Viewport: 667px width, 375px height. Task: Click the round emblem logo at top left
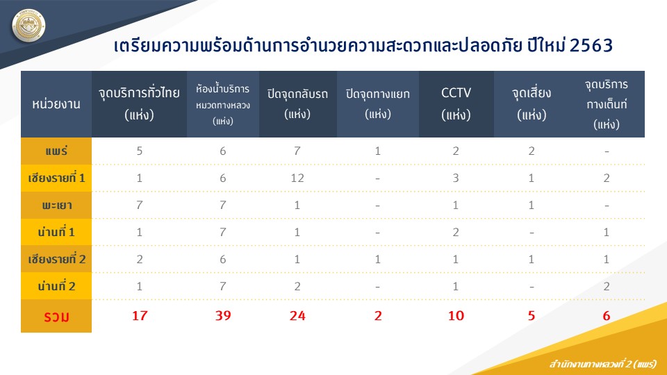[28, 26]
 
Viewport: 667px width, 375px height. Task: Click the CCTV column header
[456, 103]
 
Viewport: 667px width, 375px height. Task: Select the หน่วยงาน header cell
[56, 103]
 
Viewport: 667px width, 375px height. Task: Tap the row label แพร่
[56, 151]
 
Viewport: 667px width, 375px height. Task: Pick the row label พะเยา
[56, 206]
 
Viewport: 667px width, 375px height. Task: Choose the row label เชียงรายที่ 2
[56, 259]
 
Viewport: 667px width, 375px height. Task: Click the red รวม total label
[56, 317]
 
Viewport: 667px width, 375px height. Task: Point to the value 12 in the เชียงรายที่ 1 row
[297, 178]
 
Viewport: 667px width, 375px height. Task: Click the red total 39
[223, 315]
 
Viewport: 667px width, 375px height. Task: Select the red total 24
[297, 315]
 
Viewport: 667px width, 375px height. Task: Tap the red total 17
[140, 315]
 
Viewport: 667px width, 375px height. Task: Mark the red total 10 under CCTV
[456, 315]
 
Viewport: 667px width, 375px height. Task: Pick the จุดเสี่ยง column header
[532, 103]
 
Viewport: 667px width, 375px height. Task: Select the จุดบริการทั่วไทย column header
[139, 103]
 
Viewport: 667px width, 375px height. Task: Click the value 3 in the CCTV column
[456, 178]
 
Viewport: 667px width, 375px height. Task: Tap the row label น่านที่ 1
[56, 232]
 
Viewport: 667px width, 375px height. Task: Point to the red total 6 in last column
[606, 315]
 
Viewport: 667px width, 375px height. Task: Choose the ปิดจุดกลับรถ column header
[297, 103]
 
